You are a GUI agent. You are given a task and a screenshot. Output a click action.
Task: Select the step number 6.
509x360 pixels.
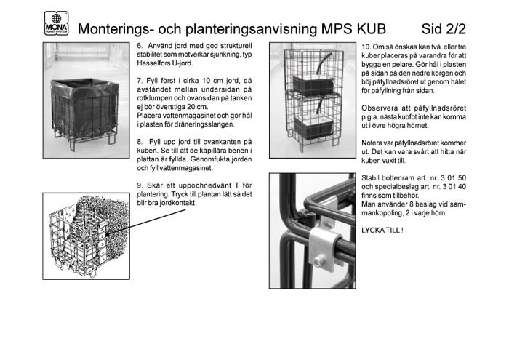(x=140, y=45)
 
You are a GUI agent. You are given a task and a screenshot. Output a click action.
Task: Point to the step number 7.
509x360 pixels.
(x=140, y=78)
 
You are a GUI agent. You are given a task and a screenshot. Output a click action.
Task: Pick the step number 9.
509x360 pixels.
(x=140, y=185)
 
